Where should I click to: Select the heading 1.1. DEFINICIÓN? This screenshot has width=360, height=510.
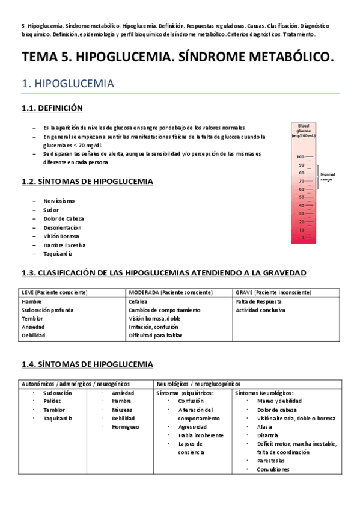(52, 108)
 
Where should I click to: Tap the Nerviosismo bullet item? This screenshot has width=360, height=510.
(59, 201)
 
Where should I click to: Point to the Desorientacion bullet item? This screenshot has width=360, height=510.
(62, 227)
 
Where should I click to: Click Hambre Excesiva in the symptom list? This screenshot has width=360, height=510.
(64, 245)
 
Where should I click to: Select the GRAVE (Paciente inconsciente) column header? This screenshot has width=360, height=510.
(273, 292)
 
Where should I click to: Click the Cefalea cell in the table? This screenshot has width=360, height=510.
(138, 301)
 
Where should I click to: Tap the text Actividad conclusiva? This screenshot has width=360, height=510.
(260, 310)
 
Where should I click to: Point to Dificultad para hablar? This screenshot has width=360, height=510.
(155, 336)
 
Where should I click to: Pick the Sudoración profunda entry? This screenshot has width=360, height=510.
(47, 310)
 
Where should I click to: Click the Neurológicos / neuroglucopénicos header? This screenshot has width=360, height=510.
(198, 383)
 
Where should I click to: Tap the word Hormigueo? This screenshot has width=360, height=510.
(125, 426)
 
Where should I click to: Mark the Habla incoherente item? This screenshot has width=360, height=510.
(201, 435)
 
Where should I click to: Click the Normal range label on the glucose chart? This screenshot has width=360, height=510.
(328, 176)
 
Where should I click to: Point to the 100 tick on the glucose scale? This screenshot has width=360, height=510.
(302, 157)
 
